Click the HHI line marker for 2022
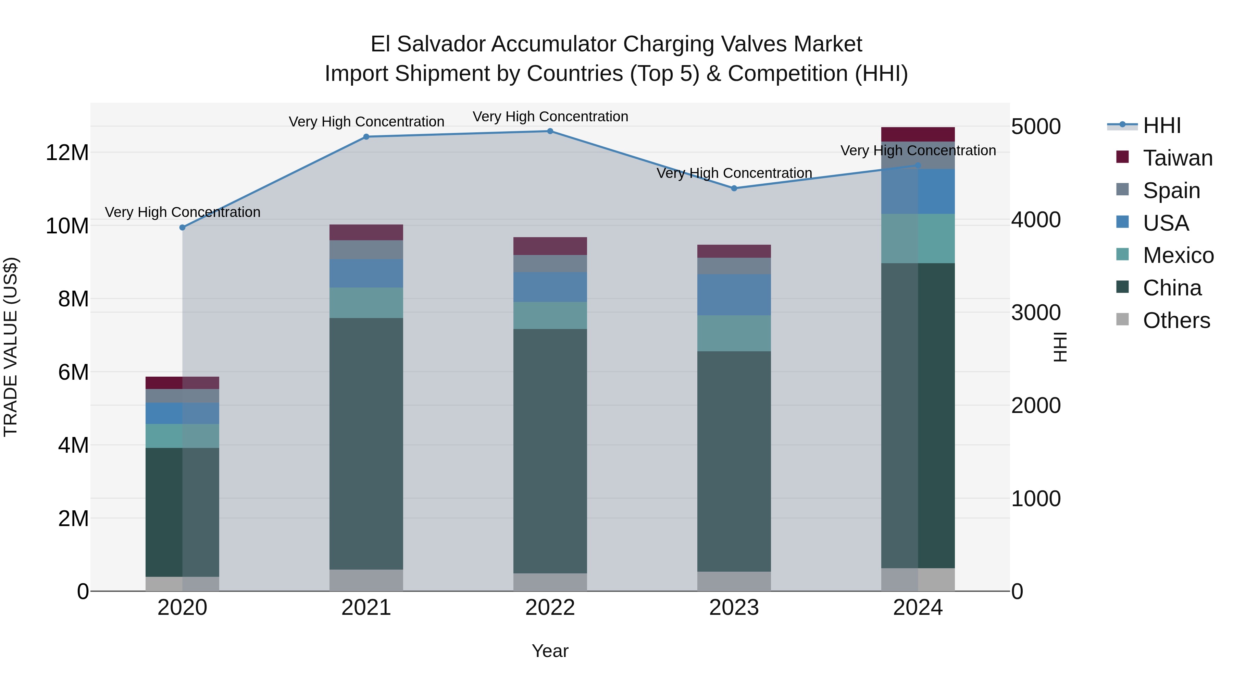[550, 131]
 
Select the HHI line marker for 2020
[182, 228]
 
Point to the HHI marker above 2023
[734, 188]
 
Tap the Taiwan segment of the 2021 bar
[366, 232]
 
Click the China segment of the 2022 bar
[550, 450]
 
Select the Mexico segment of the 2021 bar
[366, 303]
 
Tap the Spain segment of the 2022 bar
[550, 264]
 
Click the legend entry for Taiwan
[1178, 158]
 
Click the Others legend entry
[1176, 320]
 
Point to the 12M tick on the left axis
[67, 153]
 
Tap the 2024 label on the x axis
[918, 608]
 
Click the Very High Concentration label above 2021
[366, 122]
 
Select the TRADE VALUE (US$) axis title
[11, 347]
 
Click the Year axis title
[550, 651]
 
